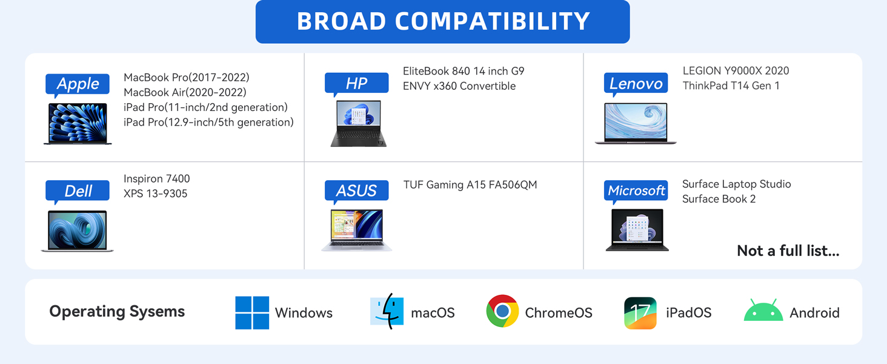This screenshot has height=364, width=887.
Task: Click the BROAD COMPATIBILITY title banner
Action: tap(442, 22)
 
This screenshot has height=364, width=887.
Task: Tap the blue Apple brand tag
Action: tap(78, 84)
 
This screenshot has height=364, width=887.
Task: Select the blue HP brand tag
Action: tap(356, 84)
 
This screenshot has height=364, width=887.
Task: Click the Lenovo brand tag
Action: tap(636, 84)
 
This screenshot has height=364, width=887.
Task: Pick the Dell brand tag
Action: tap(78, 191)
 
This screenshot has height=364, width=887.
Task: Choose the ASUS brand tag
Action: tap(356, 191)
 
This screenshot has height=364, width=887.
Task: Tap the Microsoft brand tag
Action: tap(636, 191)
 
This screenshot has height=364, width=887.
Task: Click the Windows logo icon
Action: tap(252, 312)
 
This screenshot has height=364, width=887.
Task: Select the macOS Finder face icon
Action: tap(387, 312)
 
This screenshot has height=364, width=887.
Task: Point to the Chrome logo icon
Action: tap(502, 312)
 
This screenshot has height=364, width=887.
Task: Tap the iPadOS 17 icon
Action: tap(640, 312)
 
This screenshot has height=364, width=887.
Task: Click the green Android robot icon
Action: tap(763, 311)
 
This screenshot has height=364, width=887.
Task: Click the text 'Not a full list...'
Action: tap(788, 251)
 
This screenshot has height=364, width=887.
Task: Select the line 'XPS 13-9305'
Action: tap(155, 194)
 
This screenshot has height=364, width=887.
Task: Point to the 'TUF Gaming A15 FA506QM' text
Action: tap(470, 184)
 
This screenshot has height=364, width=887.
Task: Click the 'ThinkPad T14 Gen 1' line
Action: tap(731, 86)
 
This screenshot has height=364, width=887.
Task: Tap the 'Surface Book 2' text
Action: tap(719, 199)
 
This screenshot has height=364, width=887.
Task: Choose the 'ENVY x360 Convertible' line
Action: tap(459, 86)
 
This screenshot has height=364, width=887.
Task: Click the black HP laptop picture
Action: tap(358, 124)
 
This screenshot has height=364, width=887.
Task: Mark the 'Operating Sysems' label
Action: tap(117, 312)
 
